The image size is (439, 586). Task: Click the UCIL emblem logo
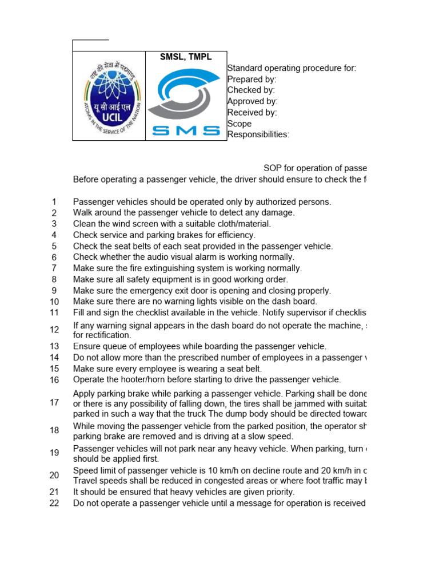[x=109, y=96]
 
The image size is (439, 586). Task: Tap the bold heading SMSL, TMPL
[x=186, y=57]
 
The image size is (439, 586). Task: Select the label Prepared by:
[x=252, y=80]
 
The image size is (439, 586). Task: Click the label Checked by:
[x=251, y=90]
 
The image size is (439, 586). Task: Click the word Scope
[x=240, y=124]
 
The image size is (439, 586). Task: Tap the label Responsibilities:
[x=258, y=134]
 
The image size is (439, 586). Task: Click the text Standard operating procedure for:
[x=292, y=69]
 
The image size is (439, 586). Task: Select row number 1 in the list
[x=54, y=201]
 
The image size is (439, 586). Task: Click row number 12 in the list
[x=54, y=330]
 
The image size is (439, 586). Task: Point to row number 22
[x=54, y=503]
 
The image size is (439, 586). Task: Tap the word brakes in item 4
[x=180, y=235]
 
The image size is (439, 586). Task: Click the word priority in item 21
[x=278, y=492]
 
